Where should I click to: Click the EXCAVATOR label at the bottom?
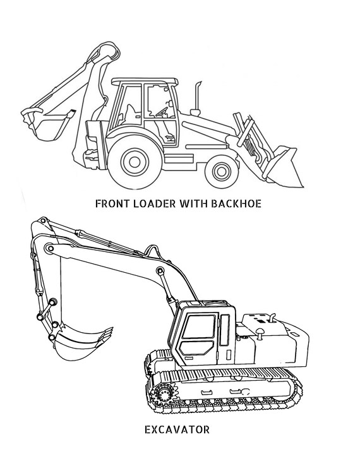(x=177, y=429)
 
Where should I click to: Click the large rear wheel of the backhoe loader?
(x=135, y=162)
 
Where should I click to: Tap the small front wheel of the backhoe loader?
(x=221, y=172)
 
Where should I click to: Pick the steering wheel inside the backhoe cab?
(x=162, y=111)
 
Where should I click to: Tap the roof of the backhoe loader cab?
(x=145, y=81)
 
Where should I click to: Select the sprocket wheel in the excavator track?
(x=163, y=394)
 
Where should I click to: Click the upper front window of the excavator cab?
(x=198, y=326)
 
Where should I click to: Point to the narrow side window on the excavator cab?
(x=225, y=330)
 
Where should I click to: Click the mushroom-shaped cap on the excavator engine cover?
(x=260, y=333)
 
